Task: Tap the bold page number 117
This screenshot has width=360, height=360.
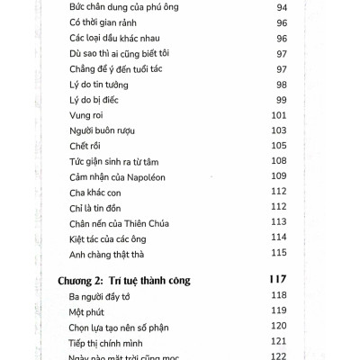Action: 277,280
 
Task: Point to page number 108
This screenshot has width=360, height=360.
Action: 277,160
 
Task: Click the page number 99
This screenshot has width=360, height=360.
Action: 279,97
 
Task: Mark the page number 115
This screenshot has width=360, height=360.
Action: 277,254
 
